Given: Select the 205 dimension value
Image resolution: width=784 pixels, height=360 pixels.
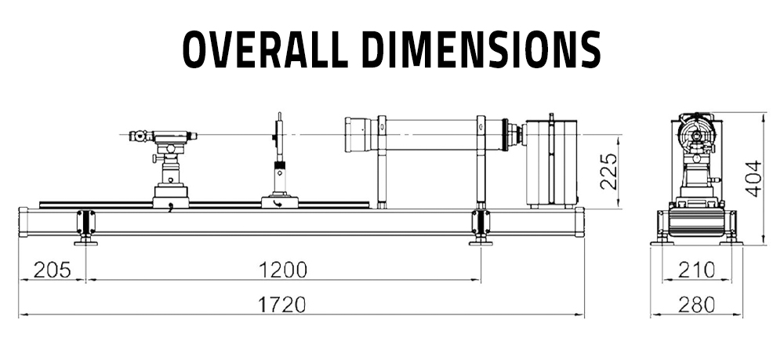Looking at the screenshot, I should (x=51, y=270).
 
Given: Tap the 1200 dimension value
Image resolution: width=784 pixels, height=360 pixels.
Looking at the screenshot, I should (x=282, y=270).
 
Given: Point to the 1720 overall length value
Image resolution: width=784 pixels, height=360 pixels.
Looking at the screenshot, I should (x=282, y=304).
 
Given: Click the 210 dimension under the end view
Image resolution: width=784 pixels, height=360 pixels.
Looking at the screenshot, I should (x=696, y=270).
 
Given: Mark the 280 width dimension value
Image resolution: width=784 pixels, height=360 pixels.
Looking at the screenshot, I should (x=696, y=304).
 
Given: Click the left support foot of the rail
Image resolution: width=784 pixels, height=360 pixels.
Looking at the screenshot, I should (x=85, y=227).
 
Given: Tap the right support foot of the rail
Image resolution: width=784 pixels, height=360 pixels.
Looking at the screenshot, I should (x=481, y=227).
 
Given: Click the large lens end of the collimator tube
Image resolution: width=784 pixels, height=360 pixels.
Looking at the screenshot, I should (x=358, y=134).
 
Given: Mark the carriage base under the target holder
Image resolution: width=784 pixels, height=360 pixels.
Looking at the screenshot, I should (x=279, y=201).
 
